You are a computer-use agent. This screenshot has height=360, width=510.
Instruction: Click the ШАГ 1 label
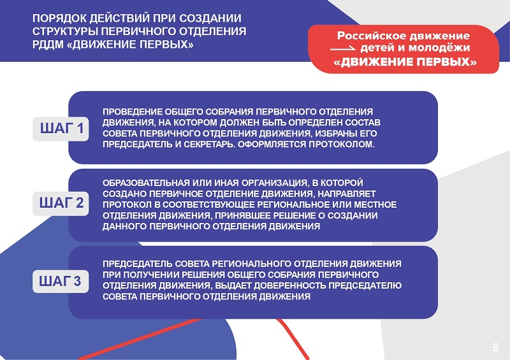[x=62, y=128]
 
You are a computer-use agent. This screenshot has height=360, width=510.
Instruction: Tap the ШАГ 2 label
[x=61, y=203]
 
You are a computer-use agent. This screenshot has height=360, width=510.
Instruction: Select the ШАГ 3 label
[x=60, y=281]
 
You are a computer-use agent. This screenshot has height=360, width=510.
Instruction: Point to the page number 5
[x=495, y=347]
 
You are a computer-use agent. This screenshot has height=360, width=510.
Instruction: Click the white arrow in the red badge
[x=343, y=49]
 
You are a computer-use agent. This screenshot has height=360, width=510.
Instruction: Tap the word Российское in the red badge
[x=369, y=36]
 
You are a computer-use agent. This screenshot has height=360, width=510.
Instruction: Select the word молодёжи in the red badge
[x=439, y=48]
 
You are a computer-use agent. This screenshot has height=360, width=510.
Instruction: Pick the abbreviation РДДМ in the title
[x=48, y=44]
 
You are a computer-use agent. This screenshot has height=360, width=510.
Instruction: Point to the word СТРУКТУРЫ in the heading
[x=65, y=31]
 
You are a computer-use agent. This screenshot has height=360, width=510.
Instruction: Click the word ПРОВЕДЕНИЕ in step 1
[x=133, y=112]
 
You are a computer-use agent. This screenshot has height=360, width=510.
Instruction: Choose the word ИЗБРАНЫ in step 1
[x=337, y=133]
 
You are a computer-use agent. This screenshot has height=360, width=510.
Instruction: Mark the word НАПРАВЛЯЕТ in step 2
[x=346, y=194]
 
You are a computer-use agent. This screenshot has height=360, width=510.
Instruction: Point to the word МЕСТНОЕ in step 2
[x=375, y=205]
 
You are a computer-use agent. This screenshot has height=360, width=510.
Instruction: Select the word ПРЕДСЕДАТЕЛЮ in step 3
[x=365, y=285]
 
